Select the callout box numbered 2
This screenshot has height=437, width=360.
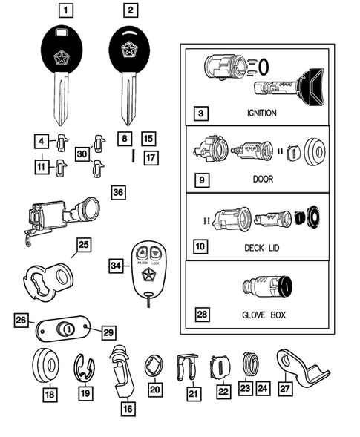coord(131,10)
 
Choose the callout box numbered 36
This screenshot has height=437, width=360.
coord(118,193)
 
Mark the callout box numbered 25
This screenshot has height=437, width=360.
coord(84,243)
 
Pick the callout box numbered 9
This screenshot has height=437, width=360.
coord(200,180)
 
